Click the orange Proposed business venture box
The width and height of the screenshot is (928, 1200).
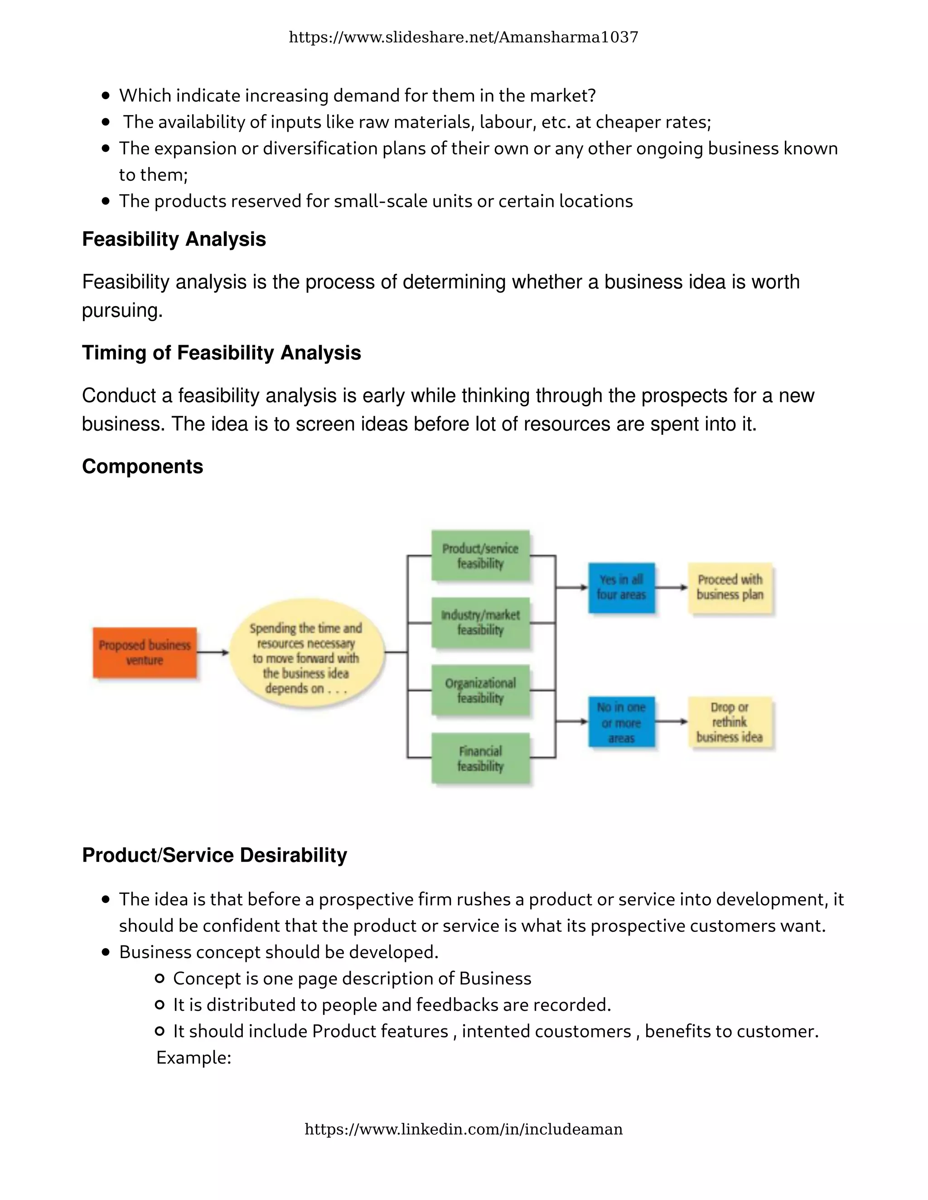(x=145, y=652)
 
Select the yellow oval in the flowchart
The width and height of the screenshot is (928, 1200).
(x=306, y=653)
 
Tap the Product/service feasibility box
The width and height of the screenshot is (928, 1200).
(x=480, y=556)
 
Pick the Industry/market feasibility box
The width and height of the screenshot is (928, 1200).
(x=480, y=623)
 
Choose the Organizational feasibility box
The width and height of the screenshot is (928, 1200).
(x=480, y=690)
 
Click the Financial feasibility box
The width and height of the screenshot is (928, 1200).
(x=480, y=758)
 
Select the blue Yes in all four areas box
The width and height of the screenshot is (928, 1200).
(x=621, y=587)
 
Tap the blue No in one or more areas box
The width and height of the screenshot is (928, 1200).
(x=621, y=722)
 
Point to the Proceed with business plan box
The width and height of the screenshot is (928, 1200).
(x=730, y=587)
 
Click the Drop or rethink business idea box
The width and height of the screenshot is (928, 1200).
(x=730, y=722)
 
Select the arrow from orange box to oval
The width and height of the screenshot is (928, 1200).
(x=213, y=652)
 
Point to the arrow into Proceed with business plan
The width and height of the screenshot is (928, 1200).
(x=671, y=587)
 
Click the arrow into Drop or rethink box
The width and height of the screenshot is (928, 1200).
(x=671, y=721)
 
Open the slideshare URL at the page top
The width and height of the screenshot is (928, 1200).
(x=464, y=38)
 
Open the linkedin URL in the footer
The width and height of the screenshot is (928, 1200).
(x=464, y=1129)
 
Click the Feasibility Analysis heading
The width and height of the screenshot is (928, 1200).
(x=174, y=239)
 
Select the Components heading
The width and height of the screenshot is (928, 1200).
(x=142, y=466)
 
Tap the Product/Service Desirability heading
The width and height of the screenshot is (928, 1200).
(x=214, y=855)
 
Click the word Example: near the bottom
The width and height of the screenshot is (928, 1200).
(x=193, y=1057)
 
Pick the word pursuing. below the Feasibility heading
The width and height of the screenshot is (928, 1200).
(x=122, y=311)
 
